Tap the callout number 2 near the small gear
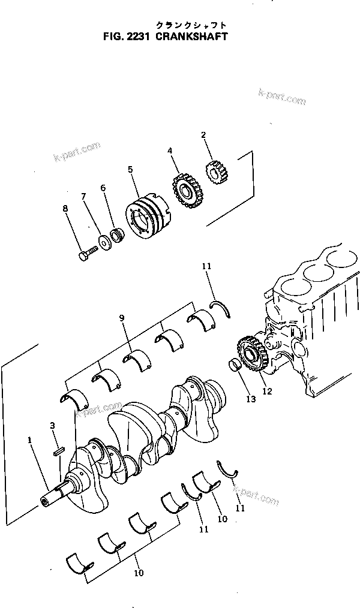[x=203, y=136]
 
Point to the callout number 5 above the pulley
[x=130, y=170]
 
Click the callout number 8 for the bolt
[x=65, y=209]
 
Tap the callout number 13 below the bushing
[x=250, y=399]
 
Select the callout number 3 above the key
[x=53, y=426]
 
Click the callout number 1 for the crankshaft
[x=29, y=441]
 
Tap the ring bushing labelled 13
[x=234, y=365]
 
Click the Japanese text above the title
[x=191, y=25]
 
